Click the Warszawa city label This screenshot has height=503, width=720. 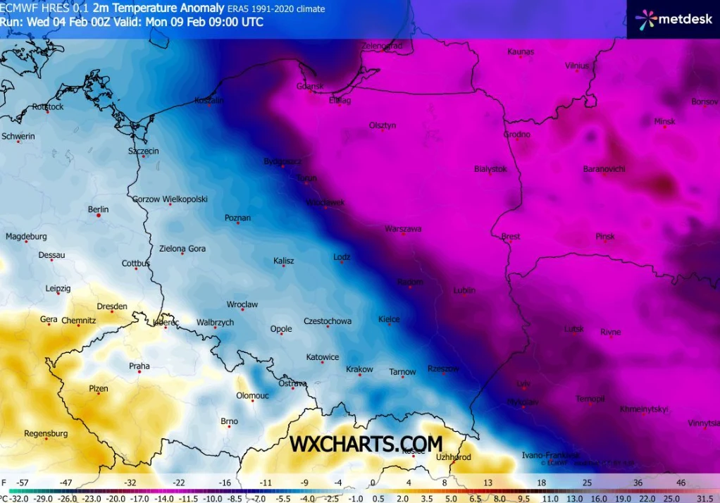pyautogui.click(x=403, y=229)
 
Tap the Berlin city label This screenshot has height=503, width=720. pyautogui.click(x=98, y=209)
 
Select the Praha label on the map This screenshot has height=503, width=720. pyautogui.click(x=139, y=366)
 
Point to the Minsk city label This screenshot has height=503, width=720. pyautogui.click(x=664, y=121)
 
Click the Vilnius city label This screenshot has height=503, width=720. pyautogui.click(x=576, y=66)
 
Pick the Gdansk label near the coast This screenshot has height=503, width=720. pyautogui.click(x=310, y=87)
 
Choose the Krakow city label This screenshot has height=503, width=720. pyautogui.click(x=359, y=369)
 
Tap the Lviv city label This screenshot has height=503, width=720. pyautogui.click(x=523, y=384)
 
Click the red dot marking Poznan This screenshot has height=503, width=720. pyautogui.click(x=238, y=223)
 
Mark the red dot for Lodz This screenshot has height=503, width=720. pyautogui.click(x=342, y=262)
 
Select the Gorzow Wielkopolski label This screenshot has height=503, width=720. pyautogui.click(x=170, y=199)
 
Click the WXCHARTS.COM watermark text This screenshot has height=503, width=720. pyautogui.click(x=366, y=444)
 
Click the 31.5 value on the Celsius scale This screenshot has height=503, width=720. pyautogui.click(x=705, y=497)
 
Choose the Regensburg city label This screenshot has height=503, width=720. pyautogui.click(x=45, y=433)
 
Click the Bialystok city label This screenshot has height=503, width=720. pyautogui.click(x=490, y=169)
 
